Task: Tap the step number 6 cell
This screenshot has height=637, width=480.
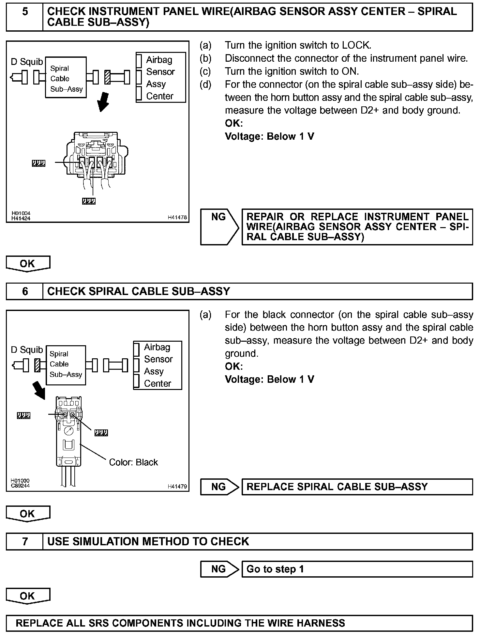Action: point(25,291)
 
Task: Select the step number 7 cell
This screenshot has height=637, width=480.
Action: point(25,542)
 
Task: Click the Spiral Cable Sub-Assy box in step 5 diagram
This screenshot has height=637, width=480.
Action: point(66,78)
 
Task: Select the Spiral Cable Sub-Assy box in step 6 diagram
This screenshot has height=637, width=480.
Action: point(66,365)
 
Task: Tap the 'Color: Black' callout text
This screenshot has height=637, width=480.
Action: point(133,462)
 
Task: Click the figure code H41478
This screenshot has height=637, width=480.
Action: point(177,217)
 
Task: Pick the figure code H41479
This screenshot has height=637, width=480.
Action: point(177,487)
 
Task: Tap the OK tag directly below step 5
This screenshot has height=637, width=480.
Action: point(28,264)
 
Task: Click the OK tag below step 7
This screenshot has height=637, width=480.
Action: point(28,596)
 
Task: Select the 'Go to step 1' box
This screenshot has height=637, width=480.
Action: point(357,569)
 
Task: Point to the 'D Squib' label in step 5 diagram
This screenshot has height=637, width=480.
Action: point(27,62)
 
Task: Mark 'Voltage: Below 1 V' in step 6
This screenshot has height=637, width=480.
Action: point(269,379)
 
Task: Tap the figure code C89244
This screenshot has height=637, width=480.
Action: point(20,485)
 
